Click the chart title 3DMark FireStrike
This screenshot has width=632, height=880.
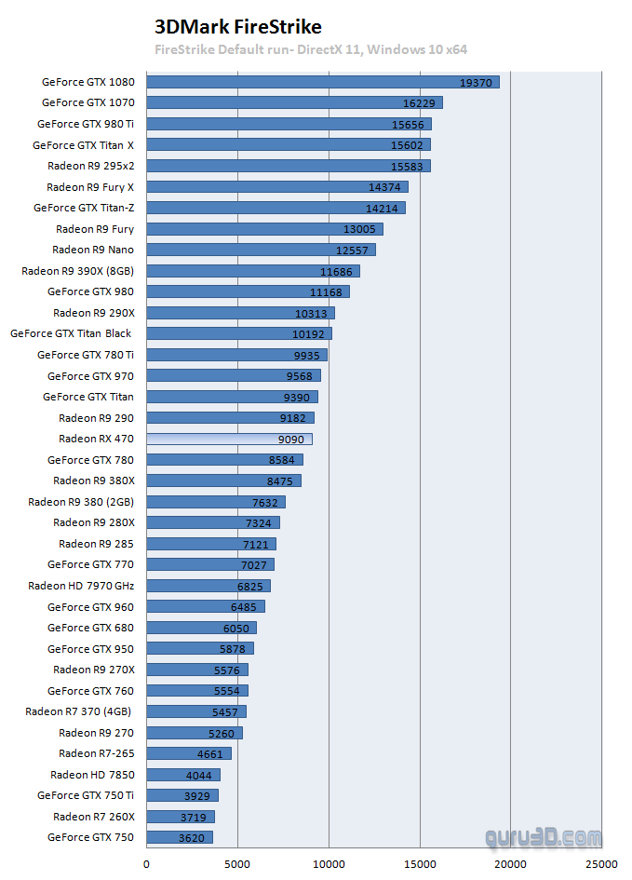coord(237,27)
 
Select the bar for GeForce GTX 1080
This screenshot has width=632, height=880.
coord(322,82)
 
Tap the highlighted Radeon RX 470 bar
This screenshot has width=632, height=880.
coord(229,439)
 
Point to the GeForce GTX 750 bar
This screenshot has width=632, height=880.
coord(180,837)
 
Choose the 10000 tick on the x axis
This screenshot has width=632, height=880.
coord(329,862)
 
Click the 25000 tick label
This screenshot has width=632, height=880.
coord(602,862)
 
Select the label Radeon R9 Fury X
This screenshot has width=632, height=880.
coord(90,187)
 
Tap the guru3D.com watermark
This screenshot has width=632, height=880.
coord(544,838)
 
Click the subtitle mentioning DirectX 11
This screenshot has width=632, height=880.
coord(311,49)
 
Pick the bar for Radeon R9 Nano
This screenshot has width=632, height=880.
coord(261,250)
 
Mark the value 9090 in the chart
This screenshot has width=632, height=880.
coord(294,439)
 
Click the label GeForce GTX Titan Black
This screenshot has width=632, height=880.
coord(71,333)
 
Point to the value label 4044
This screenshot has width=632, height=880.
coord(202,775)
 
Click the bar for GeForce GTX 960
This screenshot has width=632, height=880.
coord(206,607)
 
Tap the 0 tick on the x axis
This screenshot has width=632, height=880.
coord(146,862)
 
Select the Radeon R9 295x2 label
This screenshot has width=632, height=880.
coord(90,166)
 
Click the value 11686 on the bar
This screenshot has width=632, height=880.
coord(338,271)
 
